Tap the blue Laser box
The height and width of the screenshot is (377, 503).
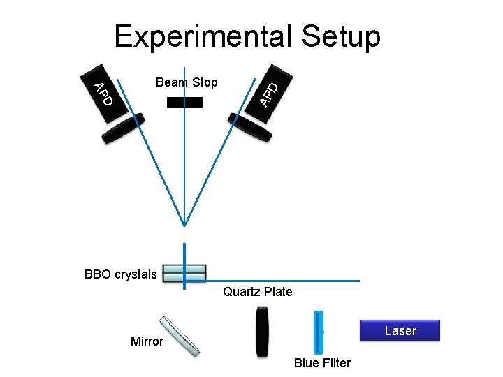[400, 330]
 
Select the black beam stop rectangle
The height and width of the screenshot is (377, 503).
[185, 102]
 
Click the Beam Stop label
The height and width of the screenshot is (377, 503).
[187, 82]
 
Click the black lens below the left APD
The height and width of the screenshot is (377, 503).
[124, 128]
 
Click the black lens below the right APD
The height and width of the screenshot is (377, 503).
[250, 128]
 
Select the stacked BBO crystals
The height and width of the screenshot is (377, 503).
[184, 272]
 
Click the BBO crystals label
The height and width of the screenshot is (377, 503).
[120, 274]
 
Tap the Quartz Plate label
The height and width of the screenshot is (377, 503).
[258, 292]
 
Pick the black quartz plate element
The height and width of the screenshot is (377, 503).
[261, 331]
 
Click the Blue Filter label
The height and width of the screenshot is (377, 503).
[322, 362]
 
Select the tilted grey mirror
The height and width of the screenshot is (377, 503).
[180, 336]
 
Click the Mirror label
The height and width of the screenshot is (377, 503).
[147, 341]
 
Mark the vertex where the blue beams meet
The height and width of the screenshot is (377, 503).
[184, 225]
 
